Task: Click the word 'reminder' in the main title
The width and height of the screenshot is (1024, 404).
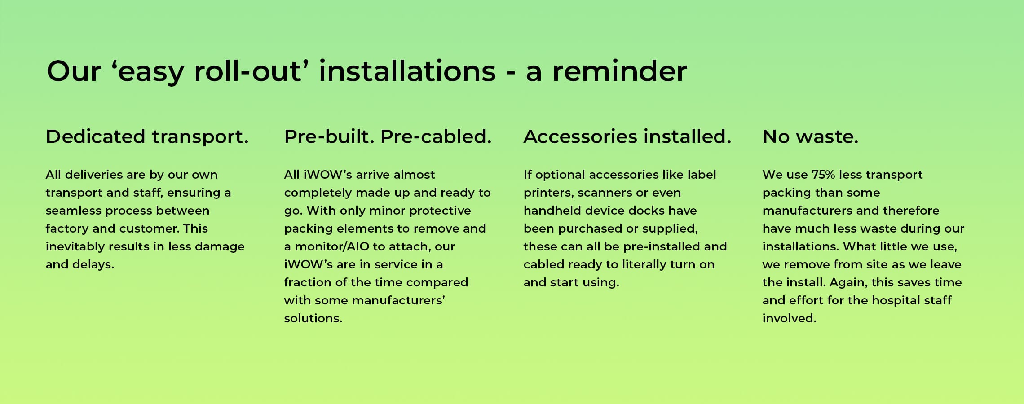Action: (x=619, y=71)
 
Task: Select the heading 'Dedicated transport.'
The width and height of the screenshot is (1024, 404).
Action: (x=147, y=137)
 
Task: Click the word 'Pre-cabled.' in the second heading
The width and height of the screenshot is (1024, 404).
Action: (x=436, y=137)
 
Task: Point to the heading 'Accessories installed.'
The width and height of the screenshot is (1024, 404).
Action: (x=627, y=136)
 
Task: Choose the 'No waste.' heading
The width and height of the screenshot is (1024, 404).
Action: (x=810, y=136)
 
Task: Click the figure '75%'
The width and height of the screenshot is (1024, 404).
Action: (x=823, y=175)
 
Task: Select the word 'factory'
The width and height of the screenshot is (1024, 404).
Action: (x=67, y=229)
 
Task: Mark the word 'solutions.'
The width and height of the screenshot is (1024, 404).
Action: (x=313, y=318)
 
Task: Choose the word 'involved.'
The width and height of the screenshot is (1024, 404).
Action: (x=789, y=318)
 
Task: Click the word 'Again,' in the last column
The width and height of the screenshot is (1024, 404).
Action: (x=848, y=283)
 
